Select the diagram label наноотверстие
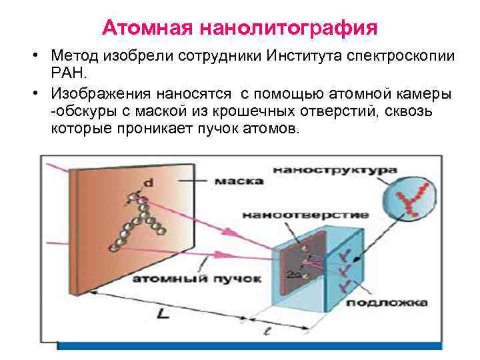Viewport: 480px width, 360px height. point(305,215)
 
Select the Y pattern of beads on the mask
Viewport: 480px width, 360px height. point(140,220)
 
